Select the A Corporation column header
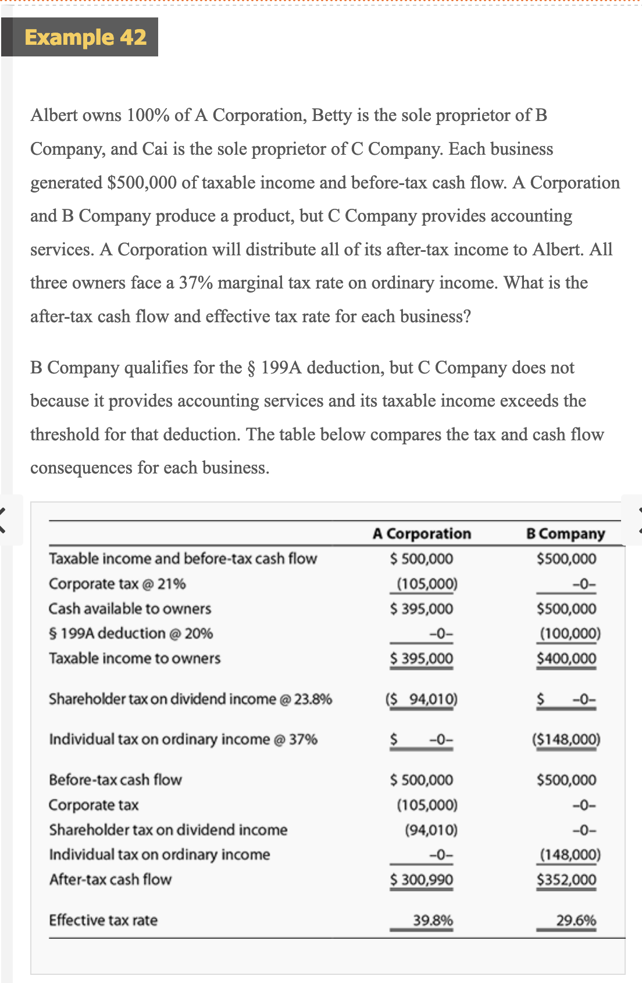click(422, 533)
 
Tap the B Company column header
click(565, 533)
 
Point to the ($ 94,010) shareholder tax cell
click(422, 699)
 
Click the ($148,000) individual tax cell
click(566, 739)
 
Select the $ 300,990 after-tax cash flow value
click(422, 879)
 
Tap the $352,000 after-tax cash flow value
click(566, 879)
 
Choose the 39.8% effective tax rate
click(433, 920)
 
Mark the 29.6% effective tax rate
click(576, 920)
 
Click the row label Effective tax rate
click(103, 920)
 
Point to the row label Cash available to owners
click(130, 608)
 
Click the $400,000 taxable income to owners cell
click(566, 658)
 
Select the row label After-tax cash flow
click(110, 879)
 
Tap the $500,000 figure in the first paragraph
click(142, 183)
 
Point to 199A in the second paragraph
click(281, 368)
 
